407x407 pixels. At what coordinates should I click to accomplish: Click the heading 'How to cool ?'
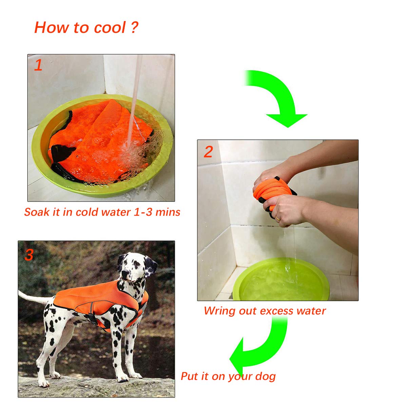[86, 27]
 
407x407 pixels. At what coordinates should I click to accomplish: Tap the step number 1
[38, 65]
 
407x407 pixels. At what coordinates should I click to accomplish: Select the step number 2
[208, 152]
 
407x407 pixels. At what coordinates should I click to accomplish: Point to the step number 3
[29, 255]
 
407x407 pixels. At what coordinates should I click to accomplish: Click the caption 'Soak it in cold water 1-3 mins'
[102, 212]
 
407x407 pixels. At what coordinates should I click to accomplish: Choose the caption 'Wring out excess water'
[265, 311]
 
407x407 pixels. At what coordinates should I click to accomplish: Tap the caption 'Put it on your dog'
[228, 376]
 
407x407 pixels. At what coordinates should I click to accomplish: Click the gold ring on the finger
[278, 219]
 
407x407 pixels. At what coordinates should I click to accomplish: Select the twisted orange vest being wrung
[271, 192]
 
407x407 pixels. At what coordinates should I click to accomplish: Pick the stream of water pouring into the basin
[134, 102]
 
